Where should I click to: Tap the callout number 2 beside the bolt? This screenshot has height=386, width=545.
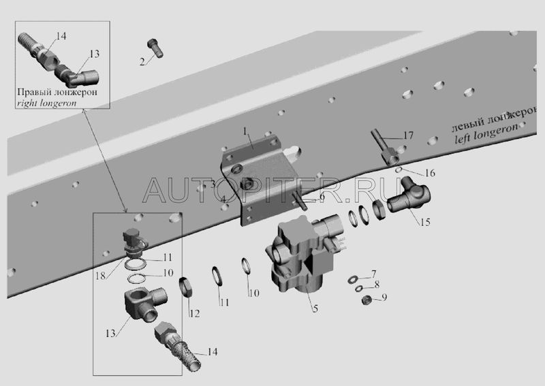click(x=142, y=62)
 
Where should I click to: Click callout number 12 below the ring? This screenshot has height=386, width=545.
click(x=195, y=314)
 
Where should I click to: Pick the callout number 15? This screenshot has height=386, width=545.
click(x=425, y=221)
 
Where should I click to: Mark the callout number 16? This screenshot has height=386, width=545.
click(x=429, y=174)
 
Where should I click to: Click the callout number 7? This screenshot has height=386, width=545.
click(x=373, y=274)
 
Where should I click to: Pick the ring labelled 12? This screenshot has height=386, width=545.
click(x=187, y=286)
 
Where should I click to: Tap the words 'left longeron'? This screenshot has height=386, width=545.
click(x=486, y=133)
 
